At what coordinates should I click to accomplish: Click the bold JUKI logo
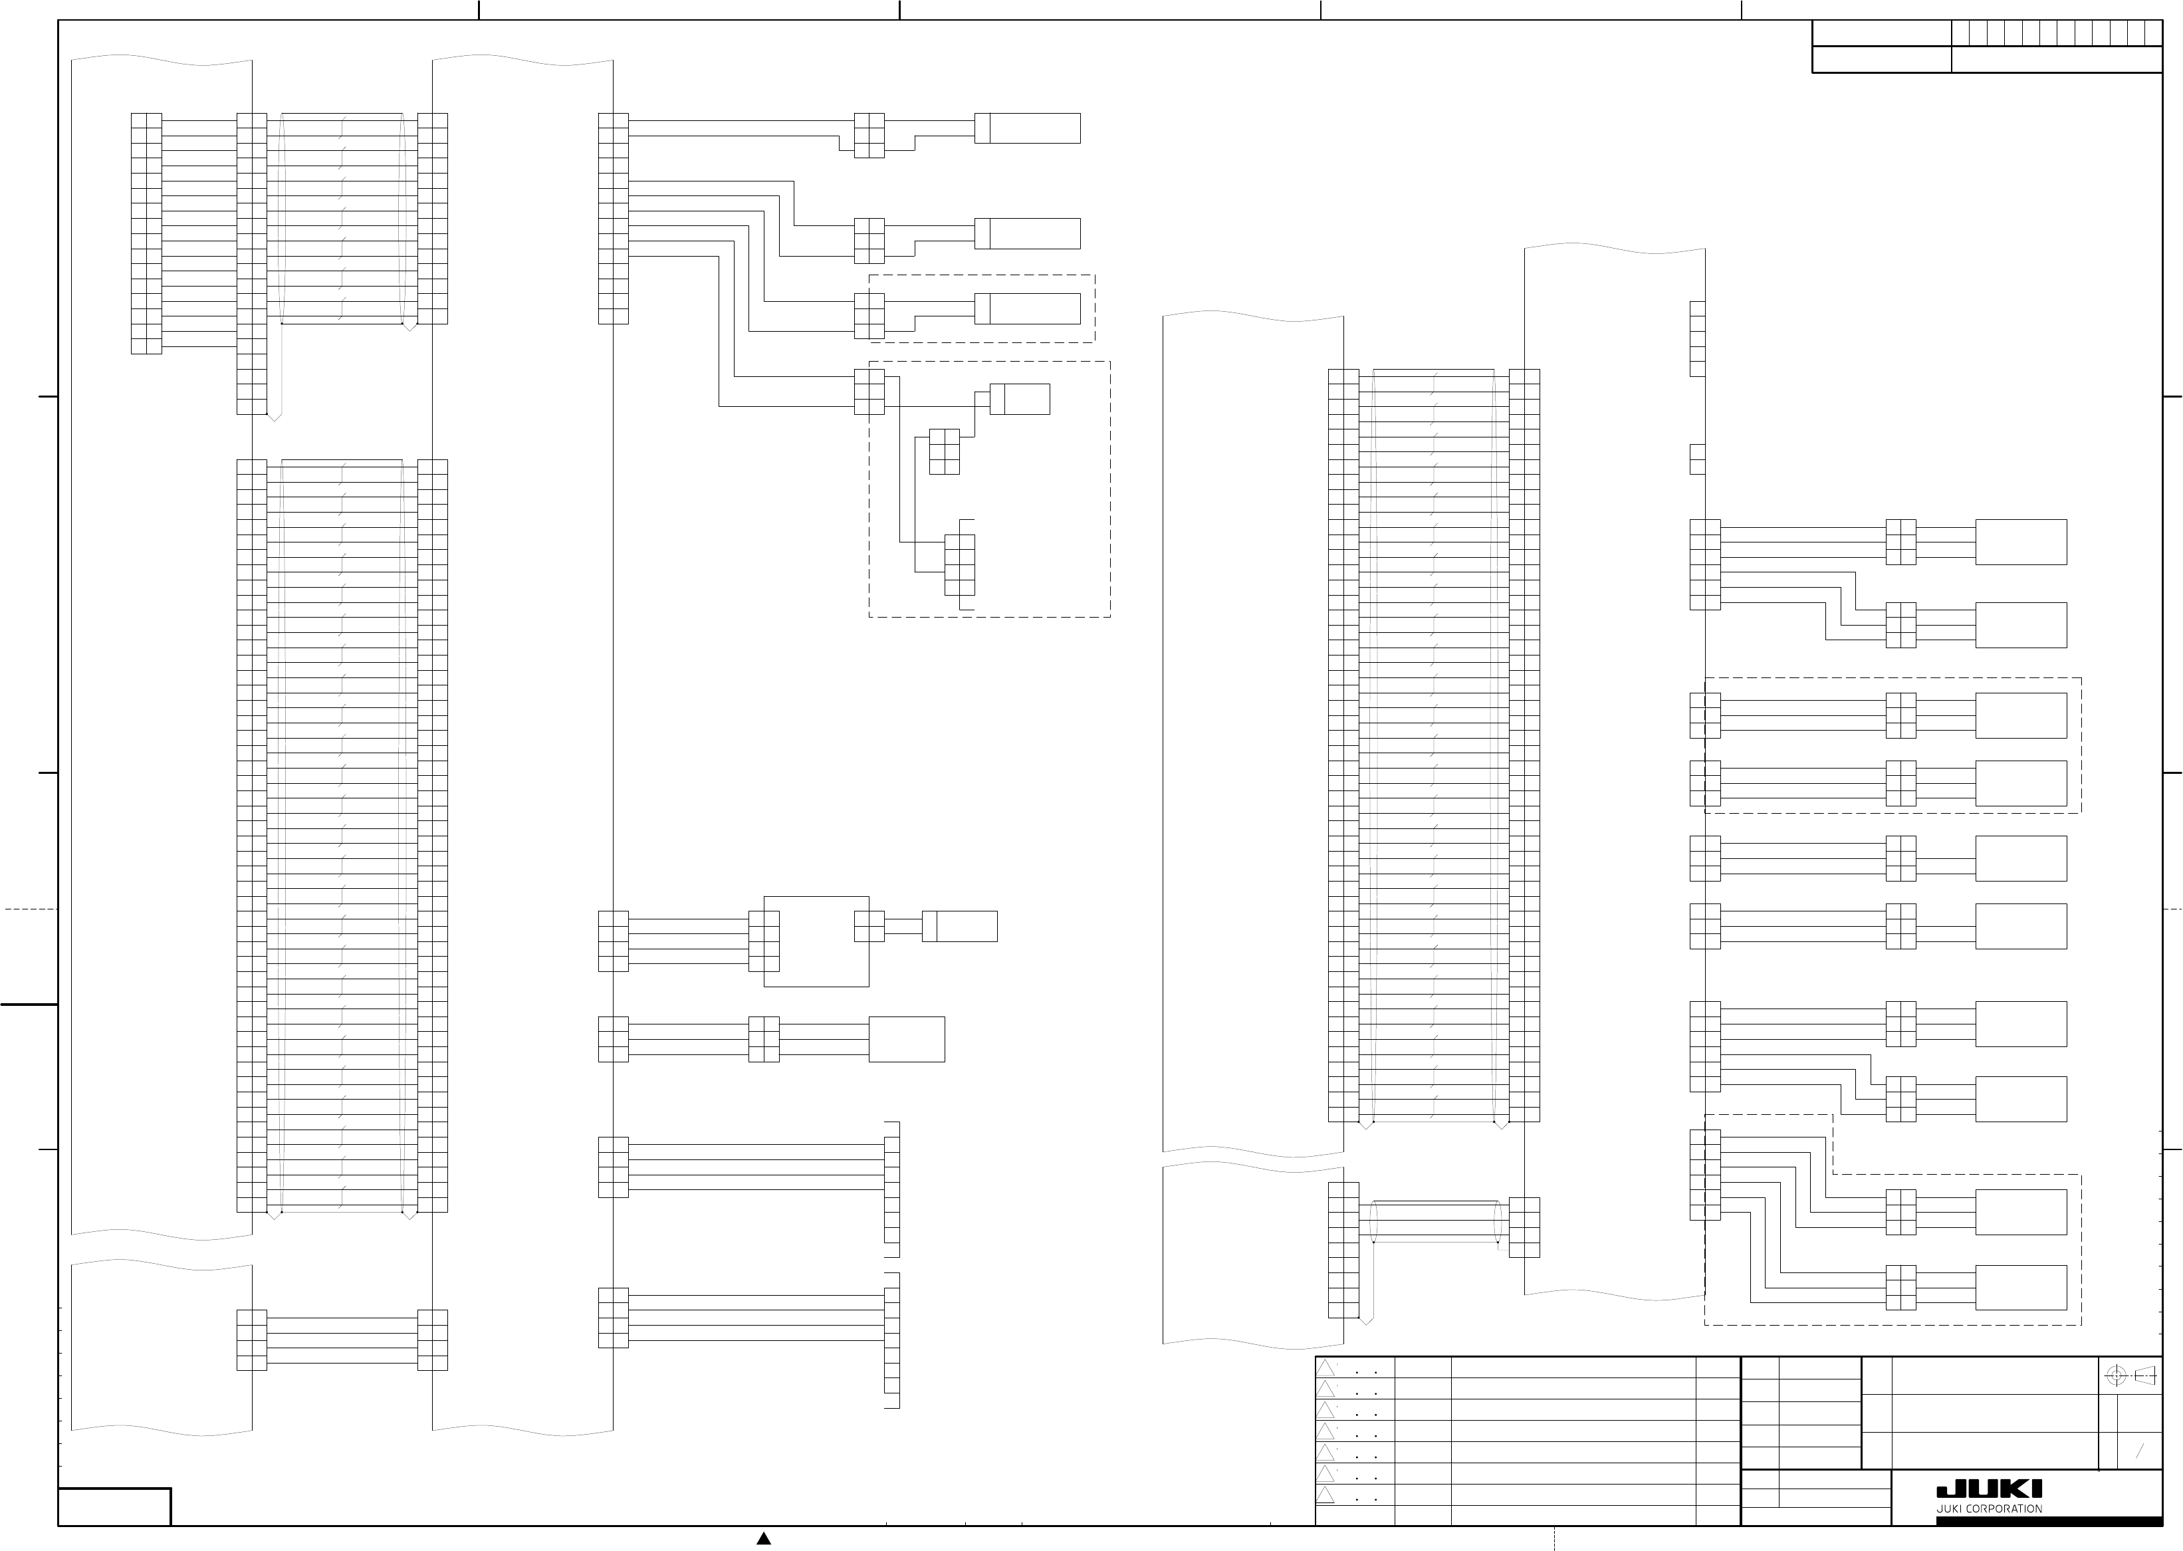click(x=1988, y=1489)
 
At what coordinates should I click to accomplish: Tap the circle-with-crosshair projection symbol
click(x=2115, y=1376)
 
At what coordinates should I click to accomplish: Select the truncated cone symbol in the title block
click(x=2145, y=1376)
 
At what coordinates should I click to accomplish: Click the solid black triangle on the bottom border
click(x=763, y=1538)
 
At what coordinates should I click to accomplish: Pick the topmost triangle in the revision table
click(x=1325, y=1368)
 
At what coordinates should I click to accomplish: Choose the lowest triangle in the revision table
click(x=1325, y=1494)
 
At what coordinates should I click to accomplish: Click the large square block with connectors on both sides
click(x=816, y=941)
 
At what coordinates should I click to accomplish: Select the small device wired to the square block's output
click(x=960, y=926)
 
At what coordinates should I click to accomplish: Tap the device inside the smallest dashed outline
click(x=1028, y=308)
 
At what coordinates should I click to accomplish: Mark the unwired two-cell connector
click(x=1697, y=459)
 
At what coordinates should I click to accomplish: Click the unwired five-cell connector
click(x=1697, y=339)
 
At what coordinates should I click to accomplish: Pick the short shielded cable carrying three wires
click(x=1433, y=1221)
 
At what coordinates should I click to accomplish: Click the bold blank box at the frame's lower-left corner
click(x=114, y=1507)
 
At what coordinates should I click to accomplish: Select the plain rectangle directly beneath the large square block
click(x=906, y=1039)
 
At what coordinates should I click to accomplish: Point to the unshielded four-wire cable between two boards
click(x=342, y=1340)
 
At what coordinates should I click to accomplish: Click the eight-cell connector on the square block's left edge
click(x=764, y=941)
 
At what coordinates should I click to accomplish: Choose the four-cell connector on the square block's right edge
click(x=869, y=926)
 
